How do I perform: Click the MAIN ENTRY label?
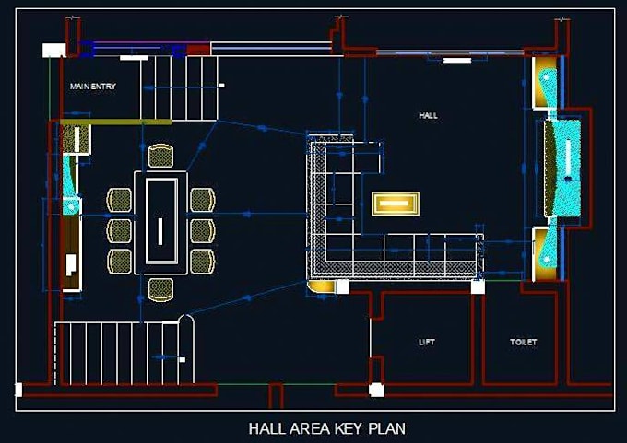[93, 86]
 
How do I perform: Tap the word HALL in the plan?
[428, 116]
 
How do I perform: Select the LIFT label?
[427, 342]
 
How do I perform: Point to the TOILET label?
[524, 342]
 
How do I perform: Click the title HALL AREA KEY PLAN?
[327, 428]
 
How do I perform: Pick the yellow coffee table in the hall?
[396, 204]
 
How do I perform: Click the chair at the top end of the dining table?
[160, 156]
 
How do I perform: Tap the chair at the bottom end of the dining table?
[160, 289]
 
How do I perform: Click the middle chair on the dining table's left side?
[120, 230]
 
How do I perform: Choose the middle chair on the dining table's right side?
[202, 230]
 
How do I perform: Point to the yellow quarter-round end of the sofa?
[320, 288]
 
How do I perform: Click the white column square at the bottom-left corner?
[18, 390]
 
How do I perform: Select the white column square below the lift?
[376, 390]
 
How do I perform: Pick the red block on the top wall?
[198, 49]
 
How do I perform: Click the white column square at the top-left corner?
[48, 52]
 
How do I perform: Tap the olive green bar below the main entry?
[116, 121]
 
